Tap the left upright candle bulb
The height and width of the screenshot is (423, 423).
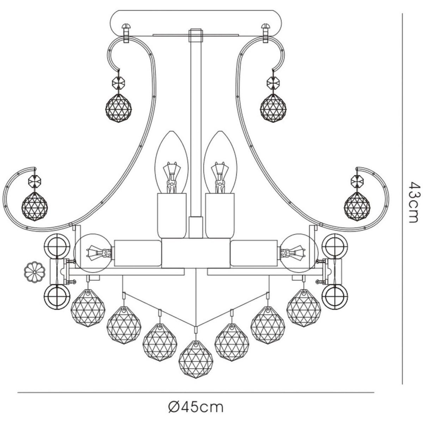coord(172,163)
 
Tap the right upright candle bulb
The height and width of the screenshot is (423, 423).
coord(220,163)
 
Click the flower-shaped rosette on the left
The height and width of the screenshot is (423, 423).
coord(35,272)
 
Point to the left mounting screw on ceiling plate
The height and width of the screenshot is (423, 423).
coord(127,33)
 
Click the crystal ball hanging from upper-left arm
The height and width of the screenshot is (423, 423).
coord(118,109)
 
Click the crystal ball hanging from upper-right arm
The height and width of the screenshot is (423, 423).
coord(273,109)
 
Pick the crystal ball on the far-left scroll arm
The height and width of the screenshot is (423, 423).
coord(35,207)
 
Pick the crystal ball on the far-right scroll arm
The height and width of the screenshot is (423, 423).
coord(357,207)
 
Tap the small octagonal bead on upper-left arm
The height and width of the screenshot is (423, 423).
coord(118,83)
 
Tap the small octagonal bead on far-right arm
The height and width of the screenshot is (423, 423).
coord(357,181)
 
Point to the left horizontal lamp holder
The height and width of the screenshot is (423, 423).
coord(138,253)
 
